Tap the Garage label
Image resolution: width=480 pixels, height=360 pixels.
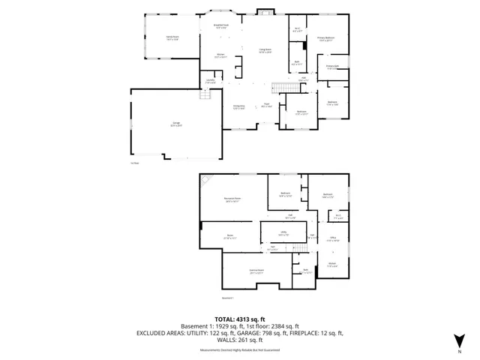click(175, 125)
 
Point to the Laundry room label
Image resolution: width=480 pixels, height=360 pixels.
click(210, 82)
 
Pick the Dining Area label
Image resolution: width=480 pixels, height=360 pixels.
click(239, 107)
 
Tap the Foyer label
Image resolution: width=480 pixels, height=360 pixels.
click(266, 106)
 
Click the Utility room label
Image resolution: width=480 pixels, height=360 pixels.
click(284, 233)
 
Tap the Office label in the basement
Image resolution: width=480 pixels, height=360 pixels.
click(334, 238)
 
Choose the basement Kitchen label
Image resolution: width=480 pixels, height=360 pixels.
click(332, 265)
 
